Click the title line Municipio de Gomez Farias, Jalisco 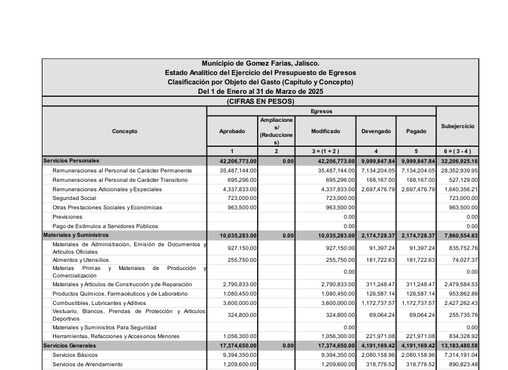tap(260, 63)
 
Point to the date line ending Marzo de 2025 tap(260, 91)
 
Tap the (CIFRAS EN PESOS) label tap(260, 101)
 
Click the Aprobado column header tap(232, 131)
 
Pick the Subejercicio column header tap(457, 126)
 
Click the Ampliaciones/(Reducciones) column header tap(276, 131)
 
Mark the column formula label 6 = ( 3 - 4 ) tap(457, 151)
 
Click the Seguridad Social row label tap(74, 197)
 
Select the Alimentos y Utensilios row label tap(81, 259)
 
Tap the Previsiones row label tap(67, 216)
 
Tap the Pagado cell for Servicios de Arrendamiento tap(416, 364)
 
